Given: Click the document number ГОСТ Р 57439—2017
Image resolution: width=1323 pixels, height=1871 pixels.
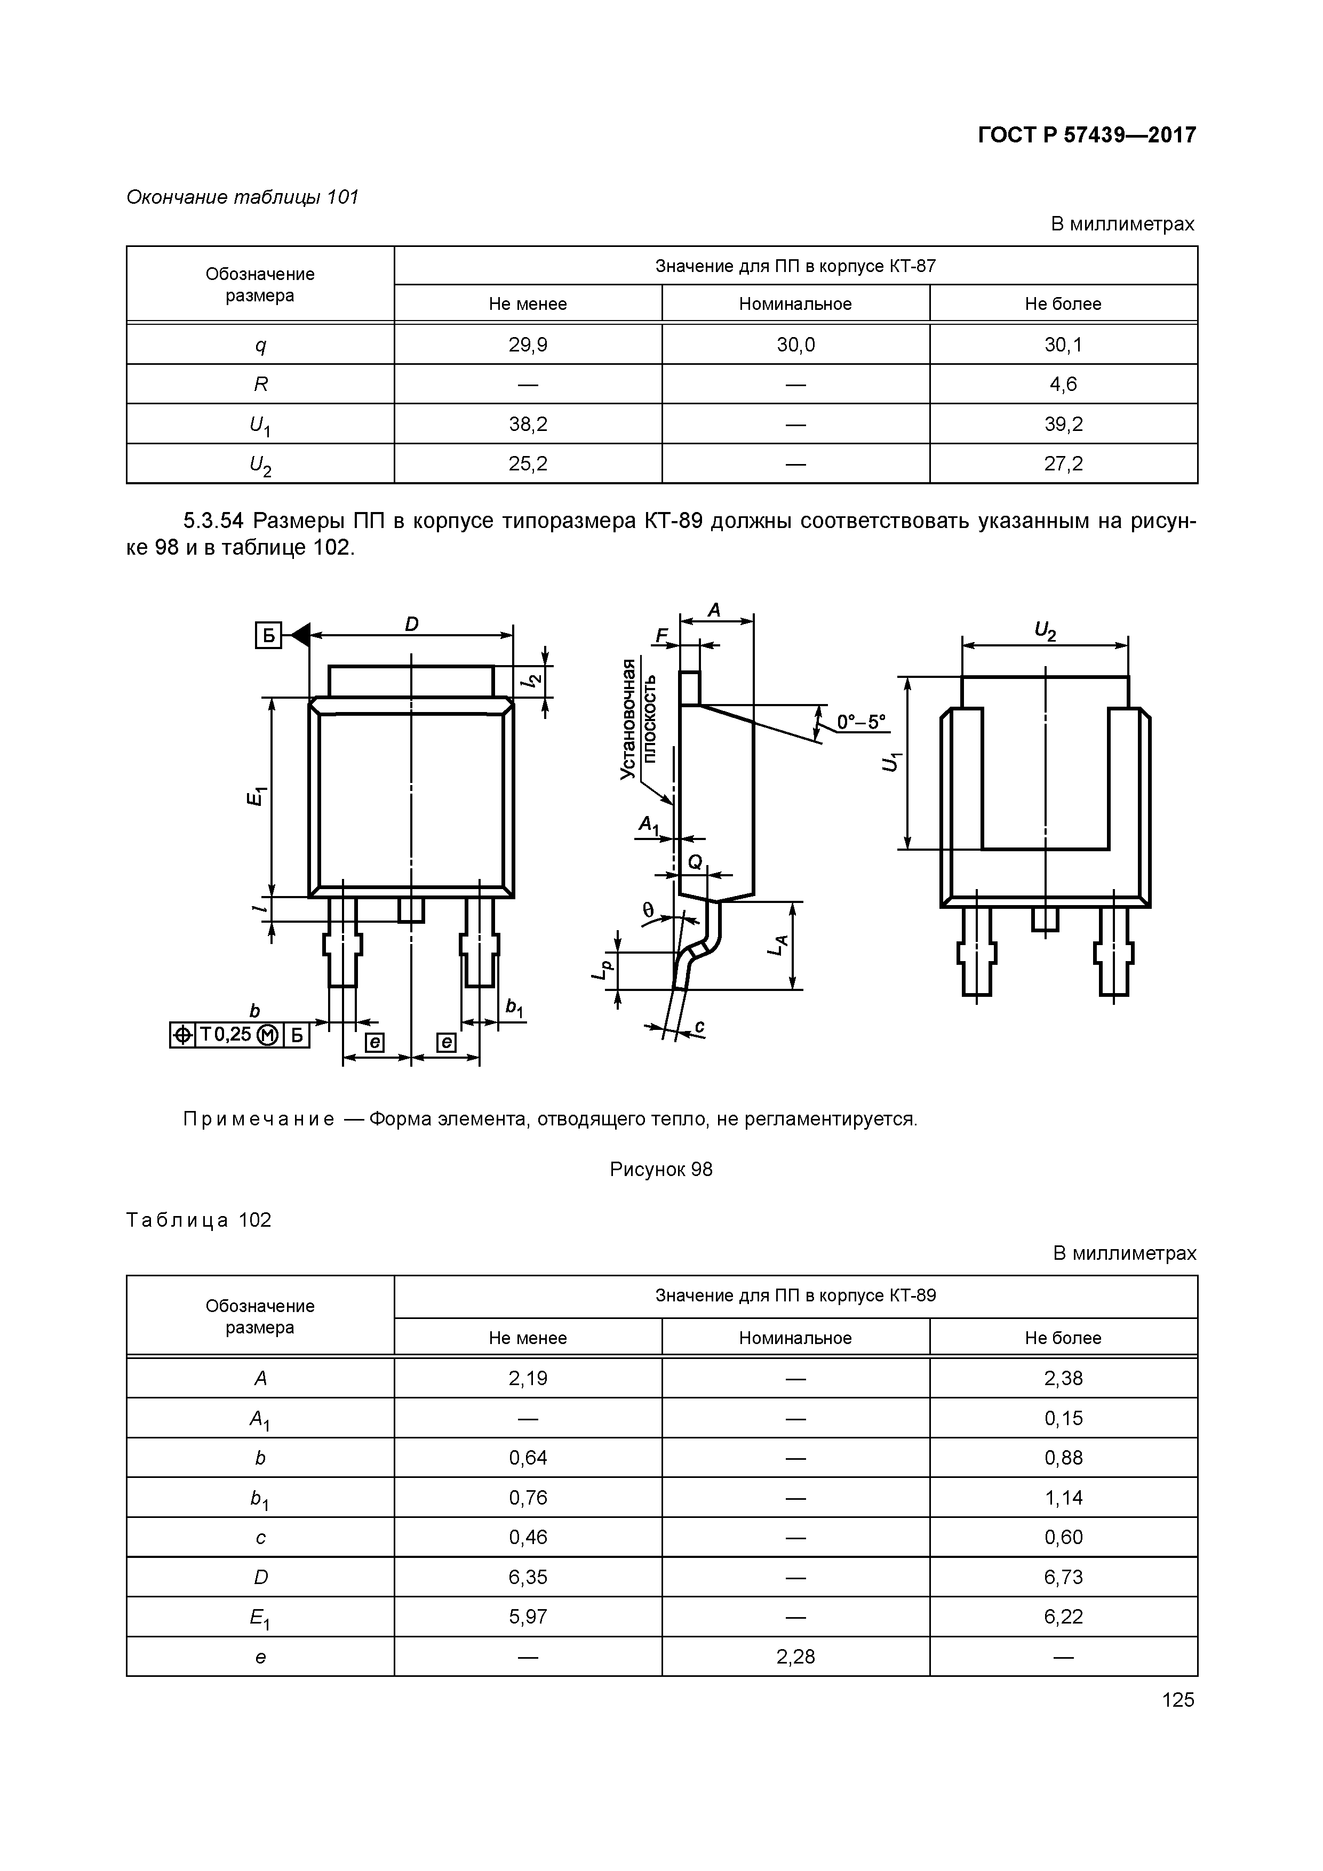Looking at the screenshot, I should click(x=1087, y=134).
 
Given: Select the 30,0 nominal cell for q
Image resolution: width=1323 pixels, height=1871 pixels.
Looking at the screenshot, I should click(x=795, y=345).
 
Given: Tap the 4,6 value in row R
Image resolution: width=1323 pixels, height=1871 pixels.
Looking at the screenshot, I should click(x=1063, y=384).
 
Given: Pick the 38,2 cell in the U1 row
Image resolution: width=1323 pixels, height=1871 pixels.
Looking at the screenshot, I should click(x=528, y=423).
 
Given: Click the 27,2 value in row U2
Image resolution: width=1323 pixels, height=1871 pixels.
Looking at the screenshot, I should click(x=1063, y=463).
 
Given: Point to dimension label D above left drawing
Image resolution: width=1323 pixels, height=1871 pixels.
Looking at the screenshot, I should click(x=412, y=624).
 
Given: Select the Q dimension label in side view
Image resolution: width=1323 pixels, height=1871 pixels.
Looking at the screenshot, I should click(x=695, y=862).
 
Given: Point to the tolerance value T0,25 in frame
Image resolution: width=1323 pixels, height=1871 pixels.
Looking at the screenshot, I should click(x=226, y=1035).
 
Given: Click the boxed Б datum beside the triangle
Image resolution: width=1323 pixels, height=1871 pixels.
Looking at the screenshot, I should click(x=268, y=635).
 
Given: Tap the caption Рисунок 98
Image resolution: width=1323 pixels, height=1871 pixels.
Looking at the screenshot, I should click(x=661, y=1169).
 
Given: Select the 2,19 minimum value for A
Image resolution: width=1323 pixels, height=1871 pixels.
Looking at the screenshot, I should click(x=528, y=1378).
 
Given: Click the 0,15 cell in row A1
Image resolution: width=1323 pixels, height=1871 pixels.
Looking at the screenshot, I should click(x=1063, y=1418).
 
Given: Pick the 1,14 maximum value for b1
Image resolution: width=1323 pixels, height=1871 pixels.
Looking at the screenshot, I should click(x=1063, y=1498).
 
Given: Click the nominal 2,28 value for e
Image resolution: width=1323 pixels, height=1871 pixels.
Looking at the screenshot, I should click(x=795, y=1657).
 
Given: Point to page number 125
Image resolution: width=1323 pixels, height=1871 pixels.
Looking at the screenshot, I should click(x=1177, y=1700).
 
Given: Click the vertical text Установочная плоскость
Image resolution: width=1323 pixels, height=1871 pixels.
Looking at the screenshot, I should click(x=637, y=719).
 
